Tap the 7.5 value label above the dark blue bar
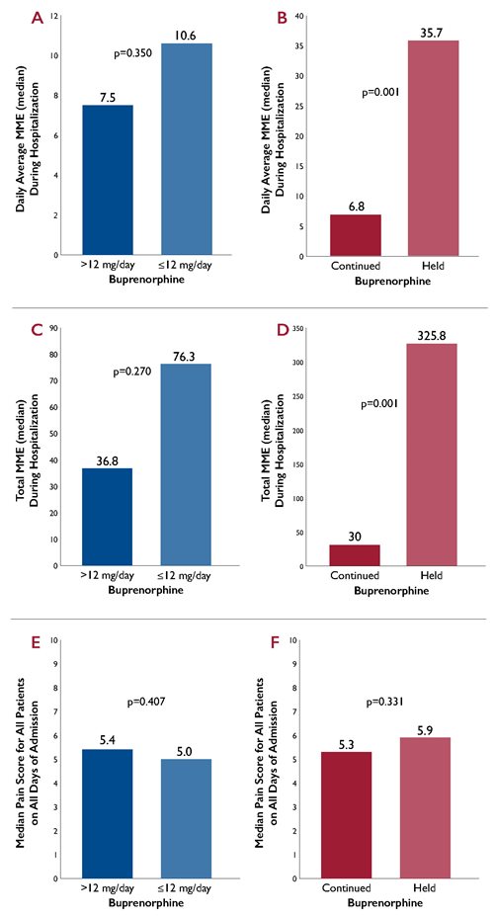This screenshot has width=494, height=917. (x=107, y=96)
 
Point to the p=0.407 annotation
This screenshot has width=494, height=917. (x=146, y=703)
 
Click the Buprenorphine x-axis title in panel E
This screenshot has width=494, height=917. (x=145, y=903)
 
